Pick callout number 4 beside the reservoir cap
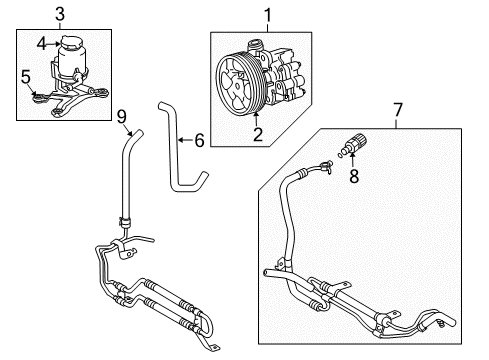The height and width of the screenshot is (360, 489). pos(41,42)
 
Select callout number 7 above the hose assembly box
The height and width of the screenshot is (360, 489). pos(397,108)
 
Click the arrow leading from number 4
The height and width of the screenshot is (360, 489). pos(53,42)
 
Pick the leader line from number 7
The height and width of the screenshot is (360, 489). pos(397,122)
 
